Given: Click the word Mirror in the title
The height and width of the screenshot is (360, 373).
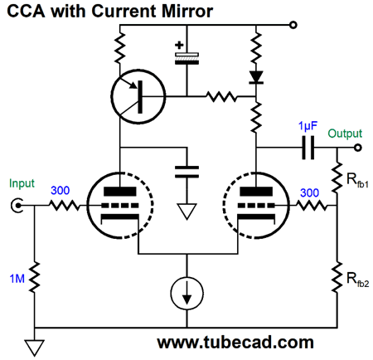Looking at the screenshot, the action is point(187,12).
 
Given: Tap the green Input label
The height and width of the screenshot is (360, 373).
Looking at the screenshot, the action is point(22,183).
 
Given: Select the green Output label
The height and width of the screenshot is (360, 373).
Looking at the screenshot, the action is point(345,134).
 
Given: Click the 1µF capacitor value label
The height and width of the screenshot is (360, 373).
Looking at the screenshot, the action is point(308,126).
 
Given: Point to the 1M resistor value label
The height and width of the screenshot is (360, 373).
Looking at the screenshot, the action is point(17,279).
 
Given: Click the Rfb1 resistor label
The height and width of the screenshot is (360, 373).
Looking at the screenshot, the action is point(357,181).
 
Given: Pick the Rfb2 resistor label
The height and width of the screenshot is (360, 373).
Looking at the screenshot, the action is point(357,280).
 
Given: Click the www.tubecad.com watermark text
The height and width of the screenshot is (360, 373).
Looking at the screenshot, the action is point(235,343).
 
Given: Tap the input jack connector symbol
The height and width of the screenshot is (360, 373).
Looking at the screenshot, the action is point(17,206).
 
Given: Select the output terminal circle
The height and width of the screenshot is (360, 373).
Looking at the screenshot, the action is point(358,148).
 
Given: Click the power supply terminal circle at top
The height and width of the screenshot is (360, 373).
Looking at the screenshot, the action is point(293,25).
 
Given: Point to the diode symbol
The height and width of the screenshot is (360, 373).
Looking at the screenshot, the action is point(256,77).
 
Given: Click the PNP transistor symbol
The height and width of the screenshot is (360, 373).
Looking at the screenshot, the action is point(138,97).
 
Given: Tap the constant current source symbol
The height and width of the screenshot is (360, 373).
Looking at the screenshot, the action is point(187,294).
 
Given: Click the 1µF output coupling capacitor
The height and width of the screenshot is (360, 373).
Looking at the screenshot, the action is point(308,148).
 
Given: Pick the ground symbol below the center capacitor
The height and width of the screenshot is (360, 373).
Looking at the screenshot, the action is point(187,212).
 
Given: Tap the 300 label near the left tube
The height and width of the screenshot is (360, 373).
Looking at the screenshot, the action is point(61,191).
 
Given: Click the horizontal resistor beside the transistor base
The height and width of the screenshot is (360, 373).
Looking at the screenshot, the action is point(221,96).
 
